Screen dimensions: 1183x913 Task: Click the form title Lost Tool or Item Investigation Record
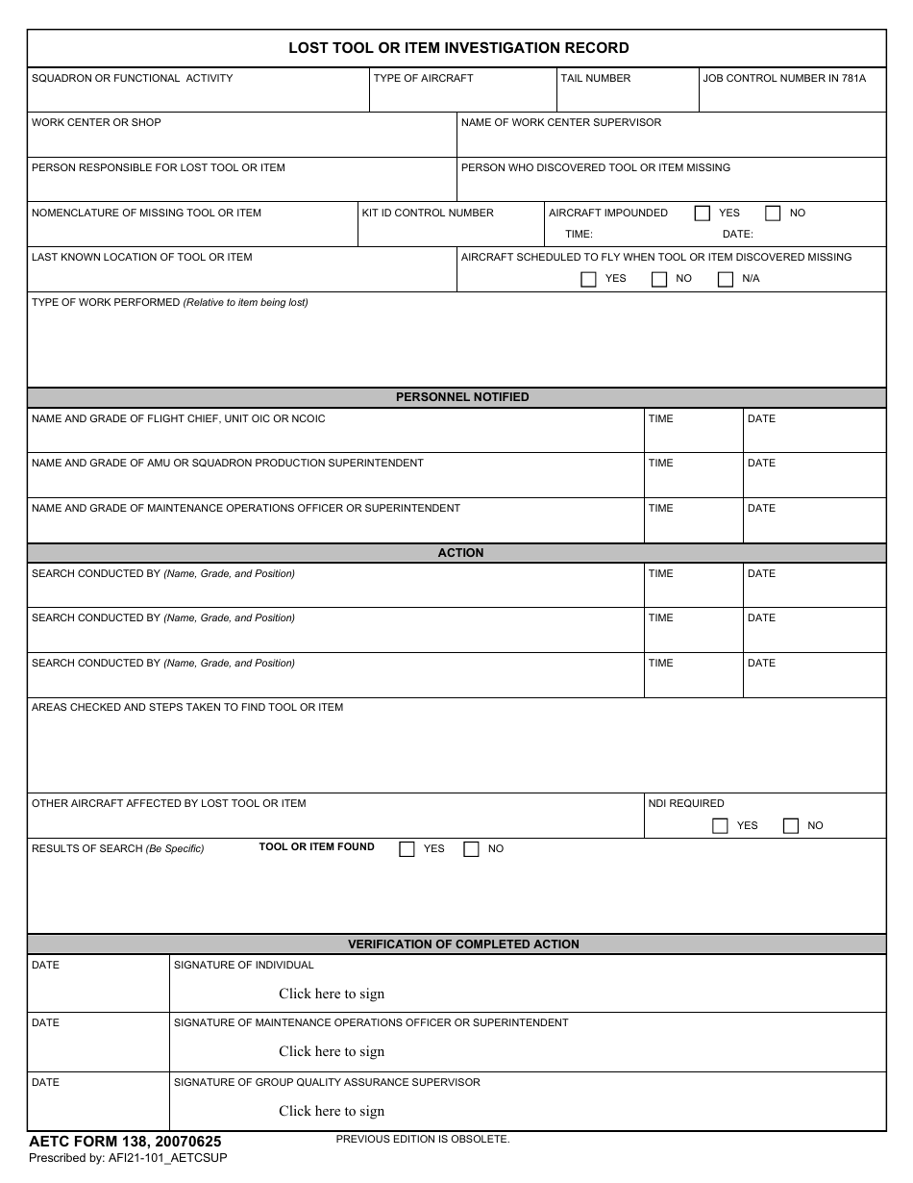pos(458,48)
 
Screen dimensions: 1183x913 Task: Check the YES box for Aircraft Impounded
pos(703,214)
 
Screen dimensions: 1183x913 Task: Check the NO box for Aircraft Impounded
pos(773,214)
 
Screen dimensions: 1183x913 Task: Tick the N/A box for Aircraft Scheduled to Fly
pos(726,279)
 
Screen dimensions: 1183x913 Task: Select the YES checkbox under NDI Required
pos(720,825)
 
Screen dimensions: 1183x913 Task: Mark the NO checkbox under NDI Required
pos(791,825)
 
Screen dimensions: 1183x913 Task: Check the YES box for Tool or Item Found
pos(407,849)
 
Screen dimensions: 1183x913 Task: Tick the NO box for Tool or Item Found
pos(471,849)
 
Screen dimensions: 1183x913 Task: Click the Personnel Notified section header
pos(462,397)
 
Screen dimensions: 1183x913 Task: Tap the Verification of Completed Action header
pos(463,944)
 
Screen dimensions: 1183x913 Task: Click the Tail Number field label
pos(596,78)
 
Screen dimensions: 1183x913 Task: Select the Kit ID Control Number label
pos(428,213)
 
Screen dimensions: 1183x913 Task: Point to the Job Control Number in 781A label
pos(784,78)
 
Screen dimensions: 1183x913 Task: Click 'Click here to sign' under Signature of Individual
pos(332,994)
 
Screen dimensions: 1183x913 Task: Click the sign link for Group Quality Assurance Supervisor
pos(332,1111)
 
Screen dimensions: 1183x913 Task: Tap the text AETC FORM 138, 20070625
pos(125,1142)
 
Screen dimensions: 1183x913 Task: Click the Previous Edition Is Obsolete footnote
pos(423,1139)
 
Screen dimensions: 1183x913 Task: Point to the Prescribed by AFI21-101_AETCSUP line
pos(128,1158)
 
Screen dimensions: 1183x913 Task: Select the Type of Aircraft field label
pos(423,78)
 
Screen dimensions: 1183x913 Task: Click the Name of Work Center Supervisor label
pos(561,122)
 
